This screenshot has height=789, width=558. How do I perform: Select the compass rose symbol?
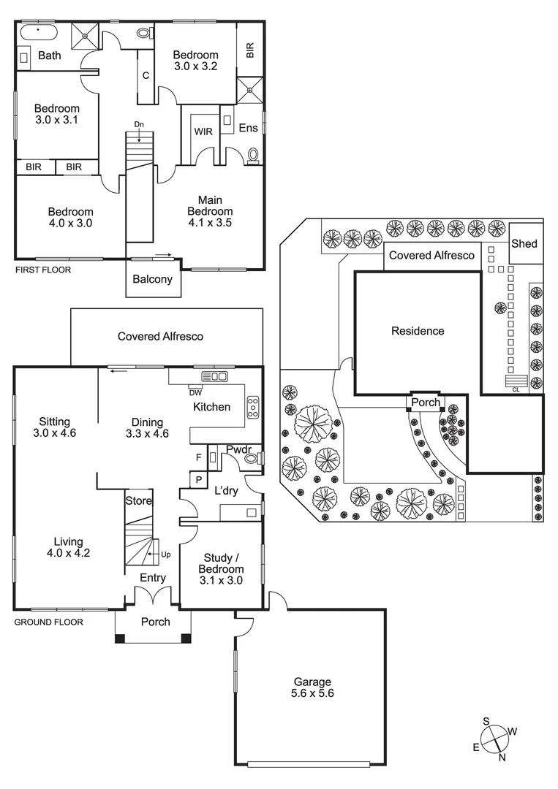point(497,739)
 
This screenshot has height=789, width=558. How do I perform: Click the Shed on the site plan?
point(524,243)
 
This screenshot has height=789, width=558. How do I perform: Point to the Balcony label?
point(153,279)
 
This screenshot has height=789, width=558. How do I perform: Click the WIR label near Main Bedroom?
point(203,131)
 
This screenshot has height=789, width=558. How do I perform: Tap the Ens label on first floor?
point(249,128)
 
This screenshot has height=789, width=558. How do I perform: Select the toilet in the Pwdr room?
point(251,459)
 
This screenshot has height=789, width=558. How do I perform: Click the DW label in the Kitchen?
point(195,392)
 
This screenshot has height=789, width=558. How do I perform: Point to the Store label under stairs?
point(138,501)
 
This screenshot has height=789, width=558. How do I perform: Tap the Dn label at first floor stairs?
point(139,124)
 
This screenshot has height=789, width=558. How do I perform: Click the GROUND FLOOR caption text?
point(48,622)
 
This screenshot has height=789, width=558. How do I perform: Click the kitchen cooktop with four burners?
point(253,407)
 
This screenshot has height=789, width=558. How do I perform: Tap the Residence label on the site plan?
point(418,331)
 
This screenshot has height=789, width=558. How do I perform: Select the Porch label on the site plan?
point(426,402)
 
